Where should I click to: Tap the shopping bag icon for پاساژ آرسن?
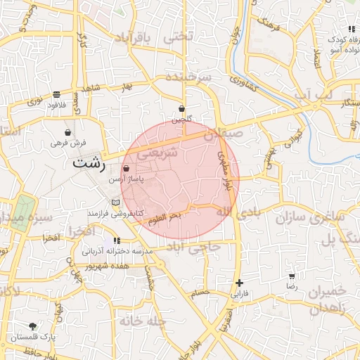(126, 169)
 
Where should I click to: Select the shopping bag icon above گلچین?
(182, 109)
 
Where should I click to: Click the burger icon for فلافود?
(56, 94)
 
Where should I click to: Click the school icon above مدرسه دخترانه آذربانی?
(117, 240)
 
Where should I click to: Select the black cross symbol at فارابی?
(240, 283)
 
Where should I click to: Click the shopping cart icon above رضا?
(292, 276)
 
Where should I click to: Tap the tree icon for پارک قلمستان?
(33, 326)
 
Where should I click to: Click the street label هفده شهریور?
(108, 267)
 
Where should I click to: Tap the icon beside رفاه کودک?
(350, 30)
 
